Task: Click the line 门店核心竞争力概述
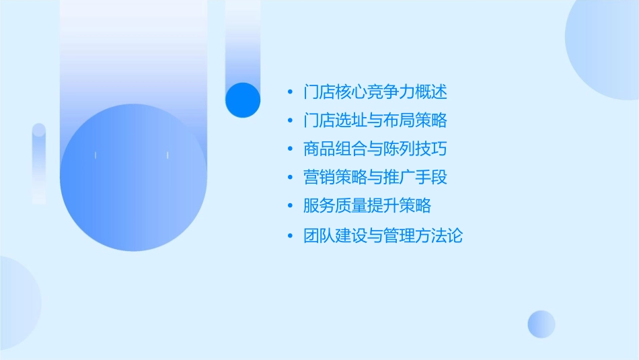375,92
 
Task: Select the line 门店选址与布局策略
375,120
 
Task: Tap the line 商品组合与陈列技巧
375,149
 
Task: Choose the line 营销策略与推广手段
375,178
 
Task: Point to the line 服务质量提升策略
367,206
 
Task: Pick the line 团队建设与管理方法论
383,236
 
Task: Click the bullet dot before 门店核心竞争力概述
289,92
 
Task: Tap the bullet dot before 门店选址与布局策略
289,121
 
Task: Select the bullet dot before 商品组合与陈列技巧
289,149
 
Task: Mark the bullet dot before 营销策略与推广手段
289,178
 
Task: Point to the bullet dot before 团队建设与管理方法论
289,237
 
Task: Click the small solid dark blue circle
243,100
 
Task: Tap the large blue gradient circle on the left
133,178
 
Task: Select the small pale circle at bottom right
541,324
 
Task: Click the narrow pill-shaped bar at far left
39,164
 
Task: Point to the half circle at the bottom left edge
17,303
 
